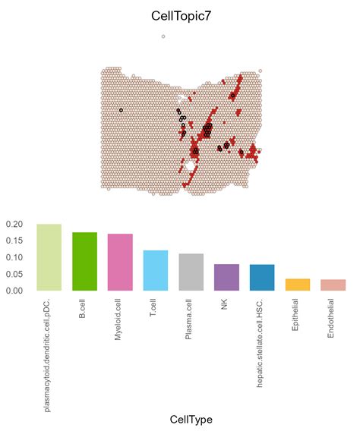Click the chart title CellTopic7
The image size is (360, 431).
click(x=180, y=15)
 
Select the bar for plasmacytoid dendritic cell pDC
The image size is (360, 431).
click(x=49, y=257)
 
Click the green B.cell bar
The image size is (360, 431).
click(x=84, y=261)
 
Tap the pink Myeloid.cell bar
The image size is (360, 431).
click(x=120, y=262)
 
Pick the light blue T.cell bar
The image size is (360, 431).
click(x=155, y=270)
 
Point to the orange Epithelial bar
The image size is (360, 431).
click(x=298, y=285)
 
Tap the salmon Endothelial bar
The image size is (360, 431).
click(x=333, y=285)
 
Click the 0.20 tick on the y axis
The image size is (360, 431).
click(x=15, y=225)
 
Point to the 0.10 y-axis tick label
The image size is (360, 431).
click(x=15, y=257)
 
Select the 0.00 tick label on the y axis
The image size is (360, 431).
click(x=15, y=291)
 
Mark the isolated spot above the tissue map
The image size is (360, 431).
click(x=163, y=36)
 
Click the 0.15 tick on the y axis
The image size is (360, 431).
click(x=15, y=241)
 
